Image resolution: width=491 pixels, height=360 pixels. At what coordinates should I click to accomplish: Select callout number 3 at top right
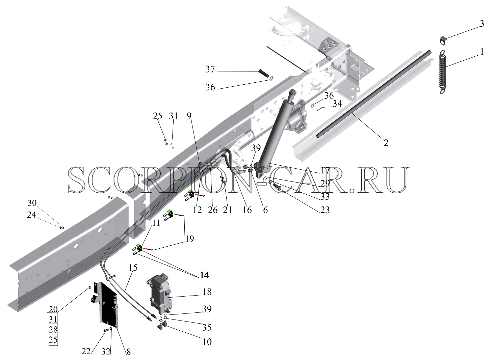[482, 24]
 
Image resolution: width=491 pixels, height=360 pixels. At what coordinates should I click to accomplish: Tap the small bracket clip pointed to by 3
[443, 41]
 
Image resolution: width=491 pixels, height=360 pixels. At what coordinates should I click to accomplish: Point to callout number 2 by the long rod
[386, 143]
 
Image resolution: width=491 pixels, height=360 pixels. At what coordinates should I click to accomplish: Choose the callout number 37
[210, 69]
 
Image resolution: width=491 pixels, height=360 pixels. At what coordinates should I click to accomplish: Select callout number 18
[207, 292]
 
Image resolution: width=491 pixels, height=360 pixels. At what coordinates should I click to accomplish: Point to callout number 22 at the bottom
[86, 351]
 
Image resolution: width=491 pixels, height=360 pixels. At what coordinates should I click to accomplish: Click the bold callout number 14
[204, 275]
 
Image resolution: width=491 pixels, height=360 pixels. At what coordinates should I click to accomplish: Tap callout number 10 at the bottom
[207, 342]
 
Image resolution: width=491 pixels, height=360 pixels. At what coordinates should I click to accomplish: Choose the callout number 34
[337, 104]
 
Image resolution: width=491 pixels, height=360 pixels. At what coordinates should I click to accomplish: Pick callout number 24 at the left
[31, 215]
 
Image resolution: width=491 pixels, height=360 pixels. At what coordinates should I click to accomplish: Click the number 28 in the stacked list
[53, 330]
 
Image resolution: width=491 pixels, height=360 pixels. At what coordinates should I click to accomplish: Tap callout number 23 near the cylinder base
[325, 210]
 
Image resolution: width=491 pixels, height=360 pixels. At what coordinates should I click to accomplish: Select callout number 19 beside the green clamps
[189, 239]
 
